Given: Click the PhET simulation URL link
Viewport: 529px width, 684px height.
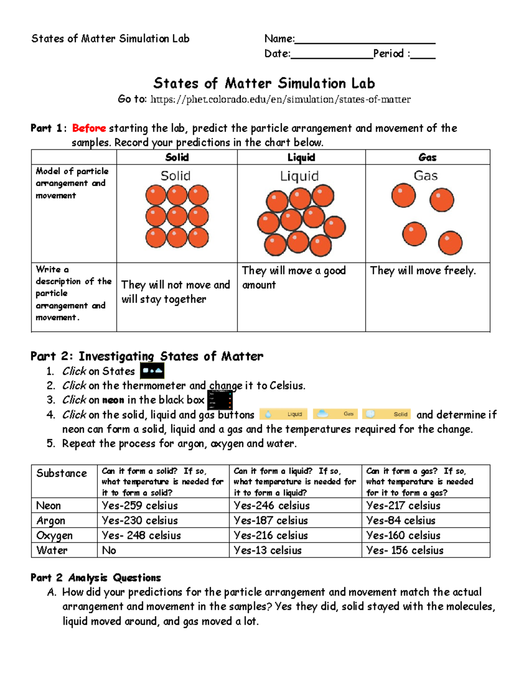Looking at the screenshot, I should point(280,100).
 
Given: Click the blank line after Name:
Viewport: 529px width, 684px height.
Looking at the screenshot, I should point(365,40).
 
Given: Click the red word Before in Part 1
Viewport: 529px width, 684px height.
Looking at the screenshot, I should point(89,128).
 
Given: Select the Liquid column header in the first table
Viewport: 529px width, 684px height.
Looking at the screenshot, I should point(301,157).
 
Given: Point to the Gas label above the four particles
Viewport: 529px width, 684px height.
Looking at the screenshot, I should point(425,176).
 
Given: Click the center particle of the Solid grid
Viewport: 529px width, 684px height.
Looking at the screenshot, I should point(177,217).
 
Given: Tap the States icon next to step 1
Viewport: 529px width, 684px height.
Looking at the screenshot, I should point(152,371).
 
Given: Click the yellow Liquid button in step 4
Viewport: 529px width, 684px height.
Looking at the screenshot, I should point(283,414).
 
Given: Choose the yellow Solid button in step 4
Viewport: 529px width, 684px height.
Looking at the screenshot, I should point(387,414).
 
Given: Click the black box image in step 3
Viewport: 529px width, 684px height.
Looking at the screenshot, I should point(220,400).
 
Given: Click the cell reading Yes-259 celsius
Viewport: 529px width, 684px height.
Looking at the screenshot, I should point(140,506).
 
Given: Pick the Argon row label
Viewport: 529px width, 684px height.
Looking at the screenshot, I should point(51,521).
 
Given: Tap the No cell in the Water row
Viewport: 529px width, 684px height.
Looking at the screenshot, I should point(109,551).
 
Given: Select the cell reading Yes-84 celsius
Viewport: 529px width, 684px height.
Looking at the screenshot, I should point(401,521).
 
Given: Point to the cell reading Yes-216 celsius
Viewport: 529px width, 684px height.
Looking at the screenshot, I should point(271,536).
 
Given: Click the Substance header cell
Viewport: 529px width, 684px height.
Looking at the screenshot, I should point(61,473).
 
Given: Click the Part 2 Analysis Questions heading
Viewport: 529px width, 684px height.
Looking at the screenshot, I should point(96,578).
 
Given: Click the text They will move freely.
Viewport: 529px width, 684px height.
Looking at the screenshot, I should point(423,270).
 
